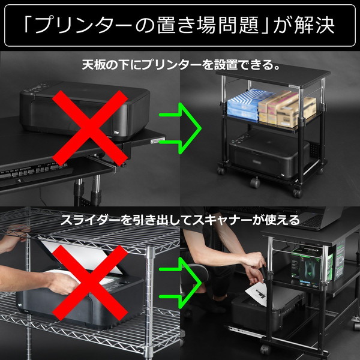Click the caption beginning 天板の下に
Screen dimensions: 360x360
point(180,64)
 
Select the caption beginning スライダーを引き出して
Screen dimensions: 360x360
point(180,220)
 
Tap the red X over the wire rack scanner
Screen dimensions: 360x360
point(90,282)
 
